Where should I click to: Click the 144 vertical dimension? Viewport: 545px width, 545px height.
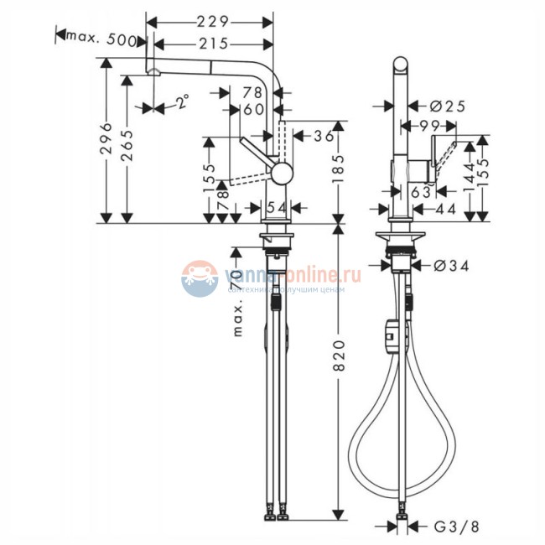467,176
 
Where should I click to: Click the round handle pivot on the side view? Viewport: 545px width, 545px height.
281,174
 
